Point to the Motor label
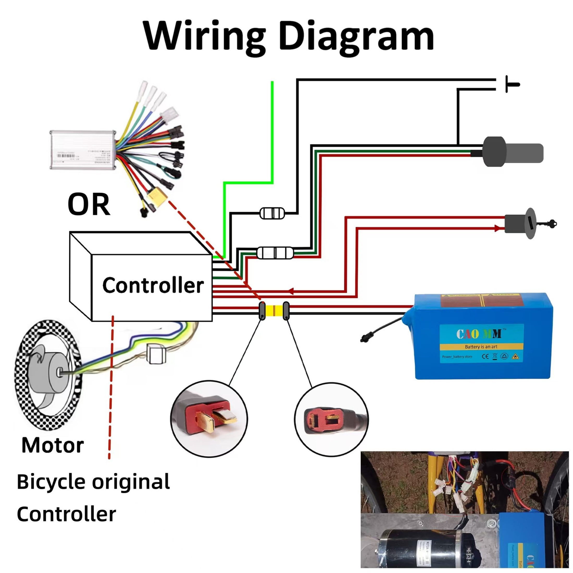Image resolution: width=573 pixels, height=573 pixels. (x=53, y=445)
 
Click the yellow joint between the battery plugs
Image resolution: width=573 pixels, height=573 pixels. (x=274, y=310)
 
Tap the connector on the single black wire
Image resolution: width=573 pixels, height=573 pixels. (x=272, y=213)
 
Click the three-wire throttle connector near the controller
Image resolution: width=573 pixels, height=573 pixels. (x=275, y=253)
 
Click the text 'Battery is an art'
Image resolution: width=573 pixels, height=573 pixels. (x=481, y=347)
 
